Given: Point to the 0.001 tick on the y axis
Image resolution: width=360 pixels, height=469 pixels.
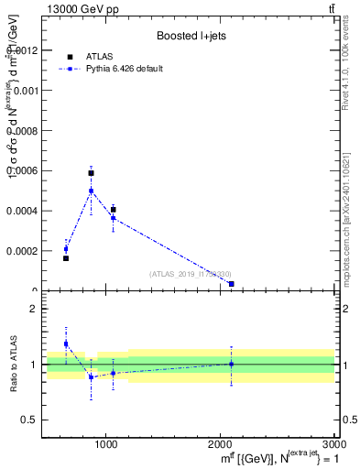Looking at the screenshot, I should (x=25, y=91).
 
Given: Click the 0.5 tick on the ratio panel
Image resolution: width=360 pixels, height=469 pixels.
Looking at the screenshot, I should (x=31, y=420).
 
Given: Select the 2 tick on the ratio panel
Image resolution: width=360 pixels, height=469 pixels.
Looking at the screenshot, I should (x=35, y=309).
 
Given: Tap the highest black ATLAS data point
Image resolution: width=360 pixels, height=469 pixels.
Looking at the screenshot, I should (x=91, y=172).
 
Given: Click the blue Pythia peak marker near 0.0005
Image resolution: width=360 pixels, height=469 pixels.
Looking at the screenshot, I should (x=91, y=191).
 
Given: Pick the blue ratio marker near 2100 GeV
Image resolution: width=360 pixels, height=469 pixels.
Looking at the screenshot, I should (x=231, y=364).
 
